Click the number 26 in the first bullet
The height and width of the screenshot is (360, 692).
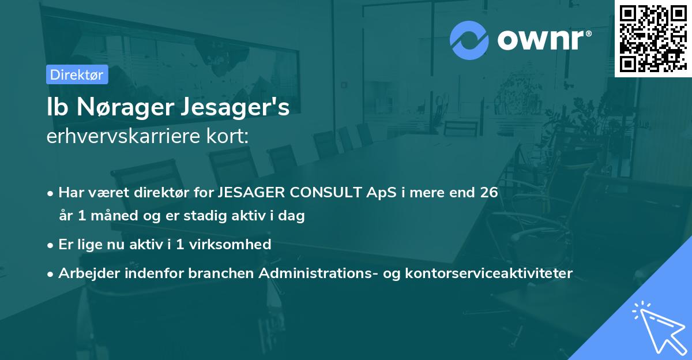(487, 192)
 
